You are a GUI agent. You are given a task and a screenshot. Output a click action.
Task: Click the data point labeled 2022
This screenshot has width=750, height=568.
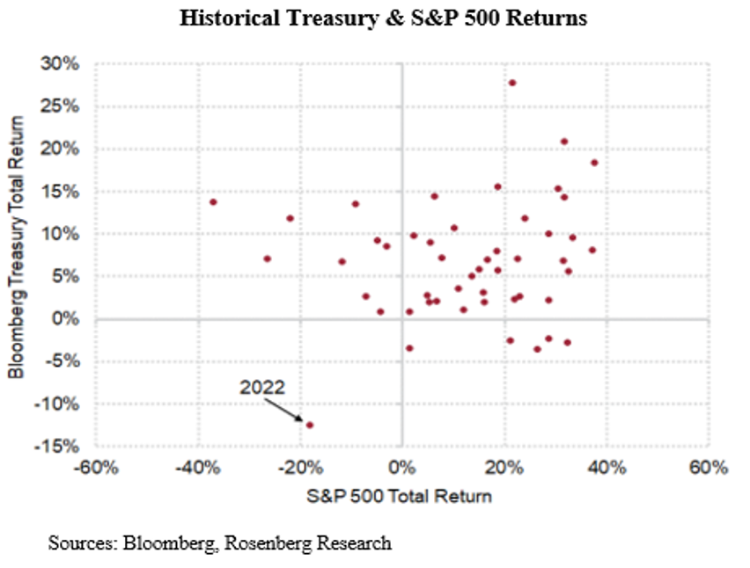coord(309,425)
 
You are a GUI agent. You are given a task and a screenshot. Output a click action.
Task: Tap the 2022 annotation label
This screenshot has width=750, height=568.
coord(261,386)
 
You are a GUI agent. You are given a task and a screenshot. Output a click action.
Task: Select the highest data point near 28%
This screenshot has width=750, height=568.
coord(511,83)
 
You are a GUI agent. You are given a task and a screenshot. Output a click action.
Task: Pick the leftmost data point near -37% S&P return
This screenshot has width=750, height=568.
coord(213,202)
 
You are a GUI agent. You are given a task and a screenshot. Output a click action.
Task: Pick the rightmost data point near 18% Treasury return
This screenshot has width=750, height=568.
coord(594,163)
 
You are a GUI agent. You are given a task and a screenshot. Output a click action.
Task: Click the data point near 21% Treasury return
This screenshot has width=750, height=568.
coord(564,142)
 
